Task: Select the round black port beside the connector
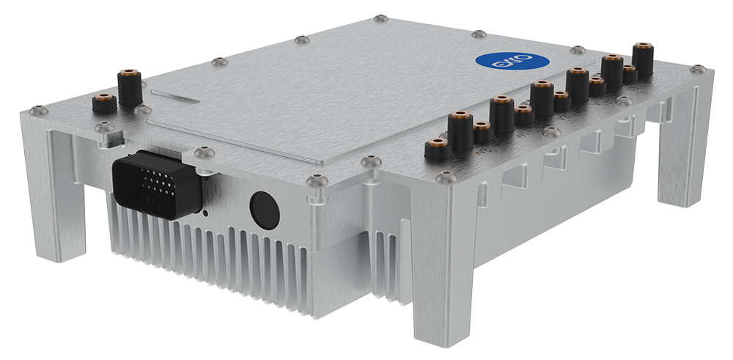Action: pos(265,209)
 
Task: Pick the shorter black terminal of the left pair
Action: pos(103,103)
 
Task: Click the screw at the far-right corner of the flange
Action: pos(698,69)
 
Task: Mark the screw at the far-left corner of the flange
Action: pos(38,111)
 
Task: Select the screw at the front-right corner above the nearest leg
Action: pos(446,177)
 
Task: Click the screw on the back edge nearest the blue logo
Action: pos(478,34)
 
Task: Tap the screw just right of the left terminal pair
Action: pos(144,110)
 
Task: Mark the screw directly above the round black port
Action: pos(317,178)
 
